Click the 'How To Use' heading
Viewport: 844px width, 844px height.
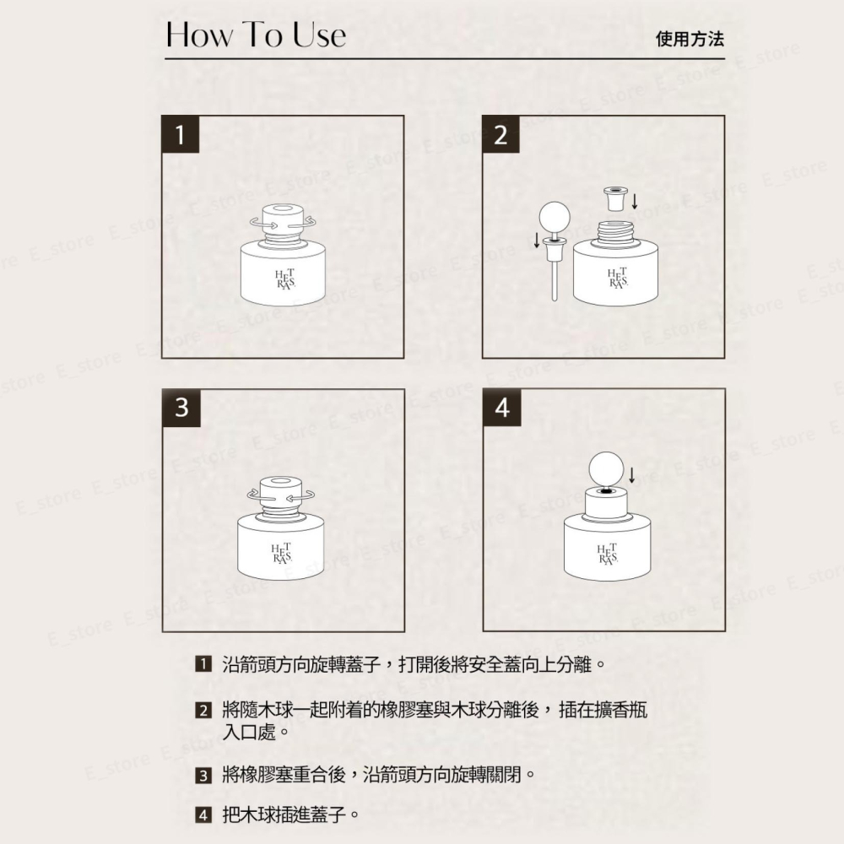click(256, 35)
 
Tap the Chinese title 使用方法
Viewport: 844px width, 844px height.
click(690, 39)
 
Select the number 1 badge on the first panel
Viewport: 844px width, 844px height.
click(181, 134)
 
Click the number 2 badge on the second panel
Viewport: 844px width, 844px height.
click(500, 134)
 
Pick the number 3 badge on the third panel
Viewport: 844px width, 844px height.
click(181, 408)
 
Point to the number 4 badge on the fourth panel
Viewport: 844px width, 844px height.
click(502, 408)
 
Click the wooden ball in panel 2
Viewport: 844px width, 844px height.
click(555, 218)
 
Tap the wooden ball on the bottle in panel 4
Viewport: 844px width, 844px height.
click(607, 468)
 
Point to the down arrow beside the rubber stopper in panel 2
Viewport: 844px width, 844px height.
click(636, 202)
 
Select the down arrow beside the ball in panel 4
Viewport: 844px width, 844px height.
click(632, 474)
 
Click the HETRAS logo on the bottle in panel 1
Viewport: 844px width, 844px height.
click(285, 279)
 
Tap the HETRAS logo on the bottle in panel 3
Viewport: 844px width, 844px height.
click(282, 553)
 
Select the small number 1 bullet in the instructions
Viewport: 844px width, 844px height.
click(203, 663)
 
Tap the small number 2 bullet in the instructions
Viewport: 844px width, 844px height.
click(203, 711)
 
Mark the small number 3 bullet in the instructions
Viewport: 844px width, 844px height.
click(203, 776)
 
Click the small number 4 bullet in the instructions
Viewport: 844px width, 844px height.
click(203, 815)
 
